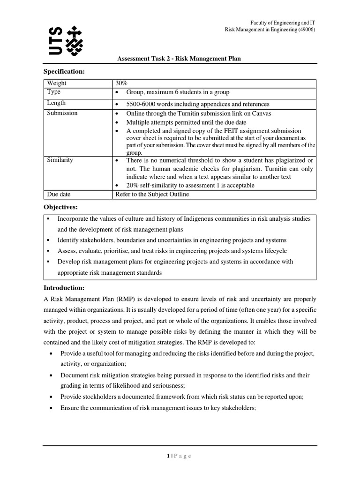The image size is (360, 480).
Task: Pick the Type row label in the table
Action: click(x=54, y=92)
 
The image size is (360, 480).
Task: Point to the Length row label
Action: click(x=56, y=103)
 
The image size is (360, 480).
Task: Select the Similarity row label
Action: click(x=60, y=160)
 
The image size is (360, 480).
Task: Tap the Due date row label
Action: click(x=59, y=194)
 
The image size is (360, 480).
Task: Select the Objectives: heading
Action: click(x=60, y=207)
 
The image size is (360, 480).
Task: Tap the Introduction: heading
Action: click(x=63, y=287)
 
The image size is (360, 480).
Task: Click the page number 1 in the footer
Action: click(x=168, y=456)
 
